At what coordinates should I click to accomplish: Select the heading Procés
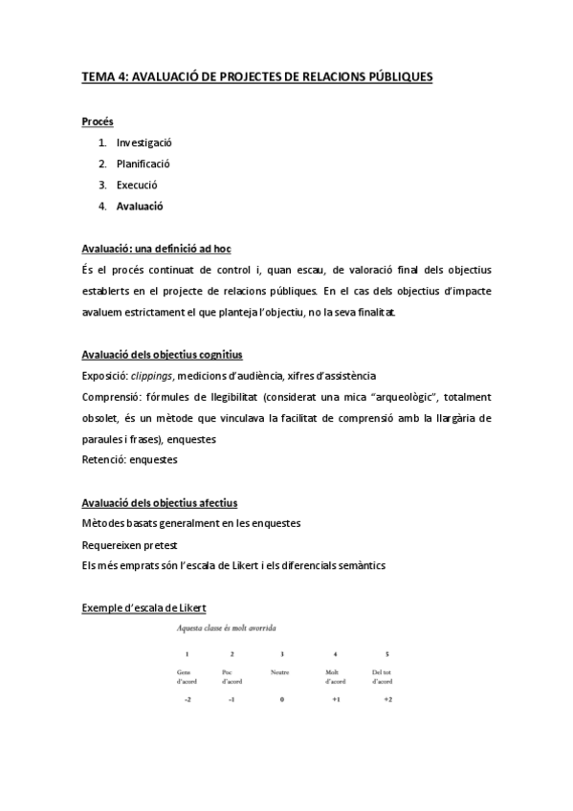tap(97, 121)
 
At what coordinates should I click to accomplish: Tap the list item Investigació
tap(144, 142)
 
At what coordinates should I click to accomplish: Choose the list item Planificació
tap(143, 164)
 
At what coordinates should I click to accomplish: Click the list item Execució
tap(137, 185)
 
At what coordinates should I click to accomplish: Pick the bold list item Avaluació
tap(140, 206)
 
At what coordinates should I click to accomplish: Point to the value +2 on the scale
tap(387, 700)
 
